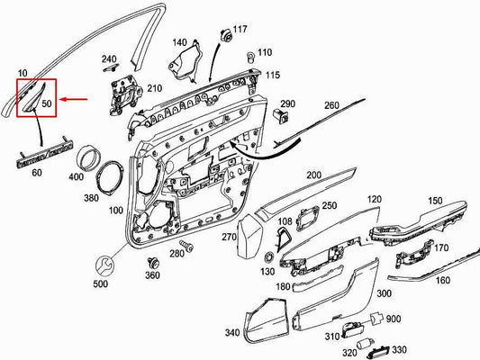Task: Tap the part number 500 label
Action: pyautogui.click(x=100, y=284)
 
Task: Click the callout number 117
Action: pyautogui.click(x=240, y=31)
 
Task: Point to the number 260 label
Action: pyautogui.click(x=331, y=106)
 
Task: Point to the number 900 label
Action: pyautogui.click(x=394, y=319)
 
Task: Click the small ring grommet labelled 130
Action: pyautogui.click(x=267, y=257)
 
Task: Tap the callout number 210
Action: pyautogui.click(x=154, y=88)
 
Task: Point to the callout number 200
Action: pyautogui.click(x=313, y=175)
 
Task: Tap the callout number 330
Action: pyautogui.click(x=398, y=350)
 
